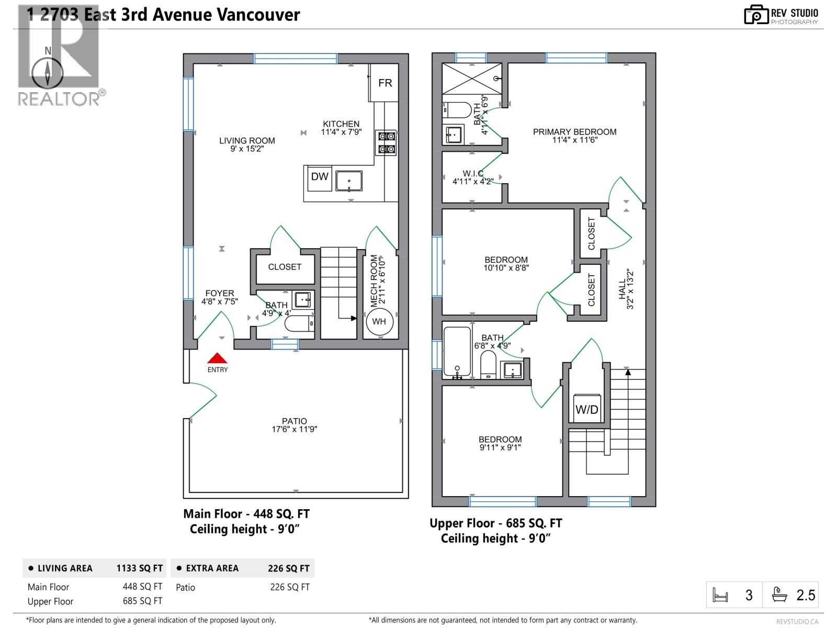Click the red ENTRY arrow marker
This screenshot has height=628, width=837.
(217, 358)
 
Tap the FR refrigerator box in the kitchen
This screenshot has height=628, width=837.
(385, 83)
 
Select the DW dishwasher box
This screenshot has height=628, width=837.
(319, 177)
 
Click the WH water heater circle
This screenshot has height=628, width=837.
(379, 321)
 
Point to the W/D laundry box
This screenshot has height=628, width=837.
(586, 409)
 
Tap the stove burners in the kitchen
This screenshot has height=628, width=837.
(387, 143)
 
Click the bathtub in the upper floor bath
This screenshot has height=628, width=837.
(457, 352)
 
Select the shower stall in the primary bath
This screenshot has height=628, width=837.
(472, 79)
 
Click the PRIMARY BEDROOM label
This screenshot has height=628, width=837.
(574, 132)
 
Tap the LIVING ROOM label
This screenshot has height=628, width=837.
(247, 141)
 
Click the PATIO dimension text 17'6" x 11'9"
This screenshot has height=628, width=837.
(294, 430)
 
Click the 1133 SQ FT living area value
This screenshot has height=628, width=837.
(139, 568)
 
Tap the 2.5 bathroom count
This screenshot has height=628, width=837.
(806, 595)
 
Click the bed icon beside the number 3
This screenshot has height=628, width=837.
(720, 596)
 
